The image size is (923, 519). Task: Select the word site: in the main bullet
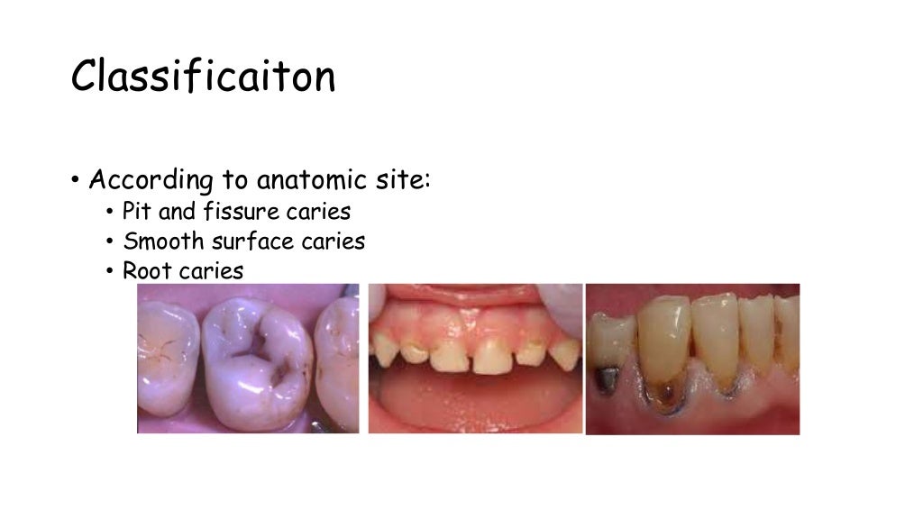click(x=398, y=180)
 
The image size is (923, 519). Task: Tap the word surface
click(x=249, y=241)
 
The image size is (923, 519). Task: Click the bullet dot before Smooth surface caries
click(x=109, y=242)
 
